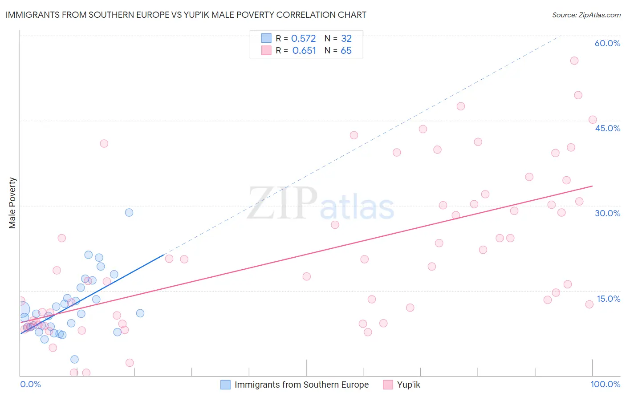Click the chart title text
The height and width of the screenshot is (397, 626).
(x=186, y=15)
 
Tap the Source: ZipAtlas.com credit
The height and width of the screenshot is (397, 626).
(x=586, y=15)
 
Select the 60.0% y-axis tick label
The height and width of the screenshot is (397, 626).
(x=607, y=43)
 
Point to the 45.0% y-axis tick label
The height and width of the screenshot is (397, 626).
(x=607, y=128)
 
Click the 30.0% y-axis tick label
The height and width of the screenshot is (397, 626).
(x=607, y=213)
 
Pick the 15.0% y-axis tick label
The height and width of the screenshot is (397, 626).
(x=608, y=299)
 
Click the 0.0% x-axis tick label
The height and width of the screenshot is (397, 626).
(x=30, y=384)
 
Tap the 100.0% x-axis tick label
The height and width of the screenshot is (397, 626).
(x=605, y=384)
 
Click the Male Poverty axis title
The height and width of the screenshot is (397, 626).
(x=12, y=203)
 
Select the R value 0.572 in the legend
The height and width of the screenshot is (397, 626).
(x=303, y=38)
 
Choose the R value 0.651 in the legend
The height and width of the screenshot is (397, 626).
(x=304, y=51)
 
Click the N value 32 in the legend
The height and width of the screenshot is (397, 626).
(x=346, y=38)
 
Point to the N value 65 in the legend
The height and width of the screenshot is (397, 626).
(x=346, y=51)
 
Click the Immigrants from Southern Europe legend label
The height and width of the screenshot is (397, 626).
(x=301, y=385)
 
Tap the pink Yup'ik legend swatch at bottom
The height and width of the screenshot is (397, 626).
(x=388, y=385)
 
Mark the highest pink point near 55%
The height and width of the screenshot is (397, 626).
(x=574, y=61)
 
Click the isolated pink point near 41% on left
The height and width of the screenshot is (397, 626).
(x=104, y=143)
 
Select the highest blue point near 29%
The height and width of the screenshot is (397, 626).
(x=129, y=212)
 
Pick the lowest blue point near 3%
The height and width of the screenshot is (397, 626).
(x=74, y=359)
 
